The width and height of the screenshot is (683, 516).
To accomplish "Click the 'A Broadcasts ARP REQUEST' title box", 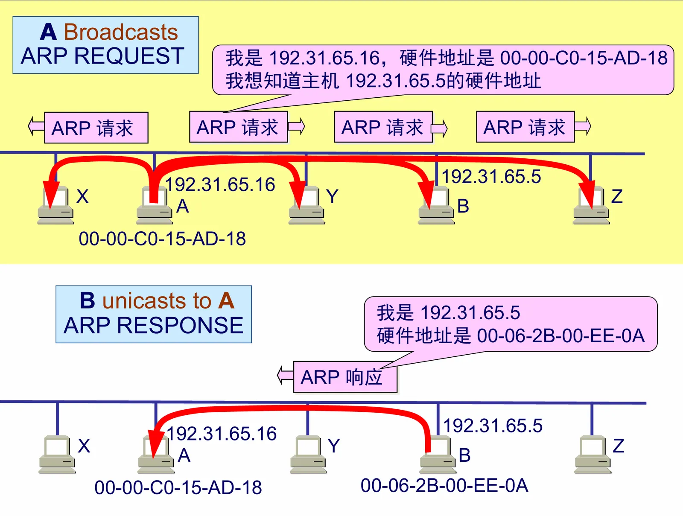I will [105, 45].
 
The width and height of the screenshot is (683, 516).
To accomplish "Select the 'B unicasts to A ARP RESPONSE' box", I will [154, 314].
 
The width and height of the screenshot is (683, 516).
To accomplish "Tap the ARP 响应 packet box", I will [345, 377].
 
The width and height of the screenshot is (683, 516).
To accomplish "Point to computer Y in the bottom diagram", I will [308, 454].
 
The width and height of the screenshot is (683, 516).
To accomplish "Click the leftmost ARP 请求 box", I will [96, 128].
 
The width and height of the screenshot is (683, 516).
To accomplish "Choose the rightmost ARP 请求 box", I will [525, 127].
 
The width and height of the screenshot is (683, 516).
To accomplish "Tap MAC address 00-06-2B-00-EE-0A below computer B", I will [444, 486].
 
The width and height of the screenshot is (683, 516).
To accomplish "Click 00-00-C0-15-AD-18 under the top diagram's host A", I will [162, 239].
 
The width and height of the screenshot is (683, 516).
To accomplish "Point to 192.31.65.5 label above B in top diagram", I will [491, 177].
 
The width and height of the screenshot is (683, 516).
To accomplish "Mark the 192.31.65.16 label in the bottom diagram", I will [222, 434].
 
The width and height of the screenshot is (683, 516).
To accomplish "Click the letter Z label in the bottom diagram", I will [618, 446].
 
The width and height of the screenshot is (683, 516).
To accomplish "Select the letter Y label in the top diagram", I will [332, 196].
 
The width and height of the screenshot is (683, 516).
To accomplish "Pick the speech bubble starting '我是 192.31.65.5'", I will [511, 324].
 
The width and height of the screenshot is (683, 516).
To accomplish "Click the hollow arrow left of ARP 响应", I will [285, 375].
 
